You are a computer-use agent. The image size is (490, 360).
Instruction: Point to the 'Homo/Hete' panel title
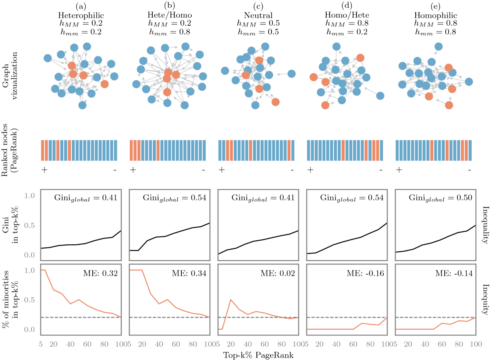345,15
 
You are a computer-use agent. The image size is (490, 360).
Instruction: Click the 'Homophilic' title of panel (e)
434,15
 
